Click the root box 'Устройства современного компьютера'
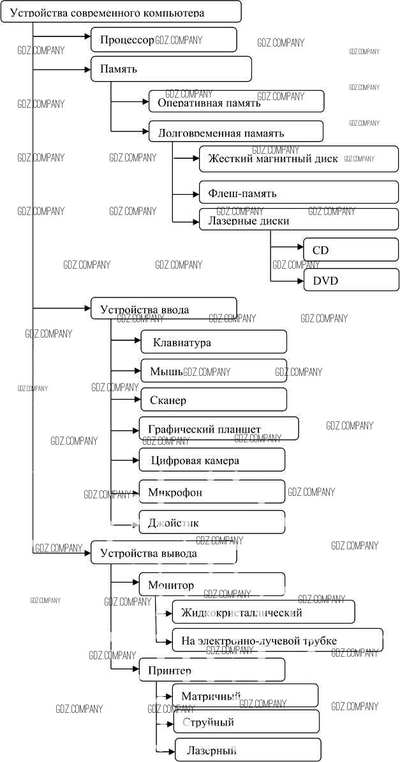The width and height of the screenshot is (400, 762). [x=121, y=12]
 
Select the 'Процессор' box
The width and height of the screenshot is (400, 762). [x=164, y=40]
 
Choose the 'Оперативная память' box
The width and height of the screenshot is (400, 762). [x=236, y=101]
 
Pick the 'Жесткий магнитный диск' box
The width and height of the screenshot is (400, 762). [x=299, y=159]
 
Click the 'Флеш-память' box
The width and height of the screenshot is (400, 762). [x=299, y=192]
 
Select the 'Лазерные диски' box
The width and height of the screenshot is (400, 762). [x=299, y=220]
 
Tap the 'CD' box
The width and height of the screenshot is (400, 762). [x=351, y=250]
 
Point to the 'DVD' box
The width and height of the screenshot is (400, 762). [x=351, y=280]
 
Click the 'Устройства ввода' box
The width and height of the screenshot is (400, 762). [x=164, y=310]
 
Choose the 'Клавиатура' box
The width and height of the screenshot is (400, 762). [x=214, y=342]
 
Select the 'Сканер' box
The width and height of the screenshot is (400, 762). [x=214, y=400]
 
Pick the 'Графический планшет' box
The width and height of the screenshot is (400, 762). [x=218, y=428]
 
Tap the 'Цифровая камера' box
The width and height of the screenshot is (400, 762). [x=212, y=459]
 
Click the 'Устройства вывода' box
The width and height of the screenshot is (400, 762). [x=164, y=553]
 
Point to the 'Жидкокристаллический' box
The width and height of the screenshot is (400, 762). [x=263, y=612]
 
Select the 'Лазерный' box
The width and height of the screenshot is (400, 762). [x=248, y=750]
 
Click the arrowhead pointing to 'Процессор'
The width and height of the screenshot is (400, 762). [x=87, y=36]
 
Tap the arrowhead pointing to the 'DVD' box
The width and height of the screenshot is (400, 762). [x=300, y=280]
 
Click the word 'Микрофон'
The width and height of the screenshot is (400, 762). [x=175, y=492]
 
